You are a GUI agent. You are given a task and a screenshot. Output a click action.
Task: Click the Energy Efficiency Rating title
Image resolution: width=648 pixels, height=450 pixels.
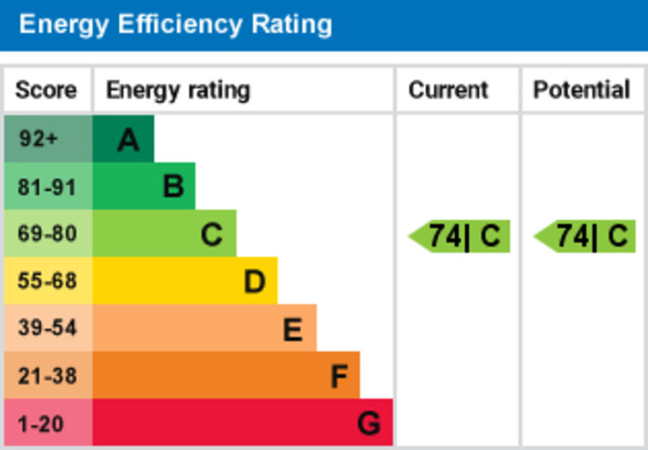coord(175,25)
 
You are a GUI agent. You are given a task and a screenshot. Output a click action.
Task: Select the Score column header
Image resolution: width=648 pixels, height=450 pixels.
coord(46,90)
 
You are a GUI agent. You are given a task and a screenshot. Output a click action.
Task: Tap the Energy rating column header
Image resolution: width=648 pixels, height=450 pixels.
coord(178,90)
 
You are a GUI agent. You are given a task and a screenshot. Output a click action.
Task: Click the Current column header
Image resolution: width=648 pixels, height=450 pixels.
coord(448,90)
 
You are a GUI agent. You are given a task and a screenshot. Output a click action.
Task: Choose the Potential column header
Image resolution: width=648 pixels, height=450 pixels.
coord(582,90)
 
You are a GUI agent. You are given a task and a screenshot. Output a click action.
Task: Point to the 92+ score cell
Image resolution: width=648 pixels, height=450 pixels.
coord(39,138)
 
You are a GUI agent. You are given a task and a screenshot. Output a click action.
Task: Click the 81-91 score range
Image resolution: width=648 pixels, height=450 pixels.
coord(47,187)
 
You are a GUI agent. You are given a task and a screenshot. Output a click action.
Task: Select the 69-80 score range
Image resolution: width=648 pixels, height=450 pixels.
coord(47,234)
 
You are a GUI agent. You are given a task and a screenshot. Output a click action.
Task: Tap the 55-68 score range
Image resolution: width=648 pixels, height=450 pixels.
coord(47,281)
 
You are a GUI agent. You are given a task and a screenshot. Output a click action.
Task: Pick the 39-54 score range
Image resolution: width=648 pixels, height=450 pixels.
coord(47,328)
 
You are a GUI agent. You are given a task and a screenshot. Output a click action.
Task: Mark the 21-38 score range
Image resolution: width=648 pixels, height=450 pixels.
coord(47,376)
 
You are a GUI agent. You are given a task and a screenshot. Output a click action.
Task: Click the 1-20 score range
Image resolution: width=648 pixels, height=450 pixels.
coord(40,423)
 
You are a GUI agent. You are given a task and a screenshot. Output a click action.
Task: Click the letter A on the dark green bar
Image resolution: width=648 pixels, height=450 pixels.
coord(128,140)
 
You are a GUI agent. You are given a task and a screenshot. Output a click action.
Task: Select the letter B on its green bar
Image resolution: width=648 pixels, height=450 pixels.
coord(173,187)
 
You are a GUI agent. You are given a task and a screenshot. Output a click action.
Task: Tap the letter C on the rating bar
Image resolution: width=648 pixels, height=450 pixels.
coord(211,235)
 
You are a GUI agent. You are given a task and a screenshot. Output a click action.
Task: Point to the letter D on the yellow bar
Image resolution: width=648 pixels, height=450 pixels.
coord(254,282)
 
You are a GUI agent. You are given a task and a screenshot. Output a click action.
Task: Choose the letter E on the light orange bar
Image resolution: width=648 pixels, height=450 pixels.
coord(292,329)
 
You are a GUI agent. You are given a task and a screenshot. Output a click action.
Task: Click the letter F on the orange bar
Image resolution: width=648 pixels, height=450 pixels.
coord(339,377)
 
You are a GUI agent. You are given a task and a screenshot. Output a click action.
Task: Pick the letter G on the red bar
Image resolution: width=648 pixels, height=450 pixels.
coord(369,423)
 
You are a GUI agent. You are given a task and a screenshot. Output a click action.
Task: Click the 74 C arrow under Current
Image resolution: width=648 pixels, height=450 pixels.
coord(461,236)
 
